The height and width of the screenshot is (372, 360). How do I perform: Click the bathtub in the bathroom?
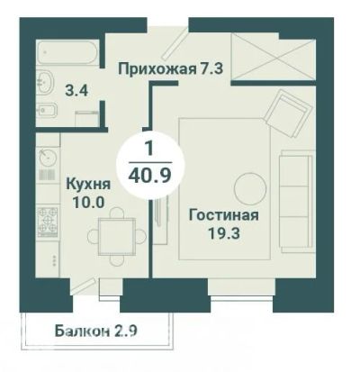tap(67, 52)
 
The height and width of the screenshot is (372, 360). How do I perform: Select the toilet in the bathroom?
tap(47, 110)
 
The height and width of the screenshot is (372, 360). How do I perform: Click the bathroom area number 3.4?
tap(77, 90)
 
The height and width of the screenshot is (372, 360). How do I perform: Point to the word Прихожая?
tap(157, 69)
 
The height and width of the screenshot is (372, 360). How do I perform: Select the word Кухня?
tap(88, 184)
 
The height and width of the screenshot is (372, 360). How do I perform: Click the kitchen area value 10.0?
tap(89, 203)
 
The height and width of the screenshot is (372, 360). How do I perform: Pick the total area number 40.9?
tap(149, 175)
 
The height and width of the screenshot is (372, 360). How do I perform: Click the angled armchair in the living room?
tap(287, 113)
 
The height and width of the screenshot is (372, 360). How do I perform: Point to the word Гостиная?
tap(224, 215)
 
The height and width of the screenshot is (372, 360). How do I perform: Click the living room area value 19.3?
tap(224, 233)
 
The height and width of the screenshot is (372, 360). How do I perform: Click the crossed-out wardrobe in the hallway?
tap(274, 56)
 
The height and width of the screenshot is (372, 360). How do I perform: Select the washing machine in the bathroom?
tap(87, 118)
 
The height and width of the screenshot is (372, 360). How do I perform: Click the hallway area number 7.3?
tap(211, 68)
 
